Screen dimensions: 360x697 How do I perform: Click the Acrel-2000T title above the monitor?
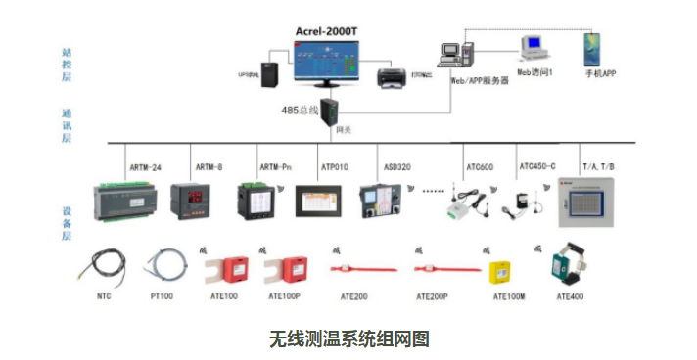[x=328, y=29]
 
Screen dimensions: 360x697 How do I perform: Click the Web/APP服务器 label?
[x=480, y=81]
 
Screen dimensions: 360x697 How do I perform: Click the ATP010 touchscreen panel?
[x=318, y=200]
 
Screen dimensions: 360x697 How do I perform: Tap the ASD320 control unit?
[x=380, y=201]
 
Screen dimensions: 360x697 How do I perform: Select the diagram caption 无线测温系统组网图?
[x=348, y=338]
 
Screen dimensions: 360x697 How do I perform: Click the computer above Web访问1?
[x=534, y=46]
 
